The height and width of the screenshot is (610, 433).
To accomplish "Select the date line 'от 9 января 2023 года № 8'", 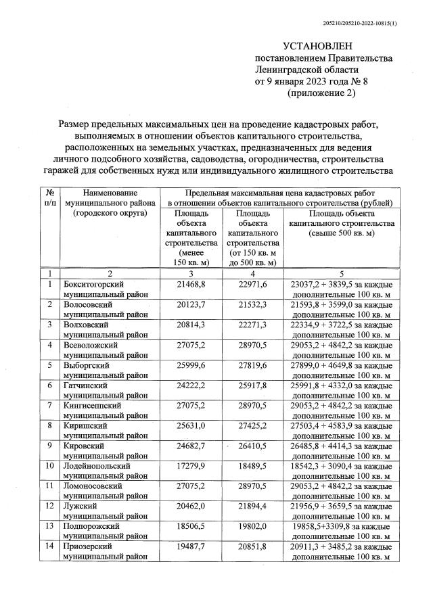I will click(309, 82).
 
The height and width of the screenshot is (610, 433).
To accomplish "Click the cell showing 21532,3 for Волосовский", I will click(253, 305).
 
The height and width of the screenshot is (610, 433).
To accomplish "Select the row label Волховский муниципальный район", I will click(101, 330).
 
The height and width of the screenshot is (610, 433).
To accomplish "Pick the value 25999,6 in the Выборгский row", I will click(190, 366).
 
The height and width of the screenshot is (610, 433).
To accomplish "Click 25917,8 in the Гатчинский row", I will click(253, 386).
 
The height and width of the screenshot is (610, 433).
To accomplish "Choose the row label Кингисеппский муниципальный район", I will click(101, 411).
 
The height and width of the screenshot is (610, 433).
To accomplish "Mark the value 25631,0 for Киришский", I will click(190, 427).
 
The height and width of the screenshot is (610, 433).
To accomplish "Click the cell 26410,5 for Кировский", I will click(253, 447).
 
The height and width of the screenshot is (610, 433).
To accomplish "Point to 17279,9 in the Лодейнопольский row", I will click(190, 467).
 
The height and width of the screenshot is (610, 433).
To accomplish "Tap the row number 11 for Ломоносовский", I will click(49, 487).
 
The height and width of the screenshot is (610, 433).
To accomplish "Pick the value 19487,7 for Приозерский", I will click(190, 546).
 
